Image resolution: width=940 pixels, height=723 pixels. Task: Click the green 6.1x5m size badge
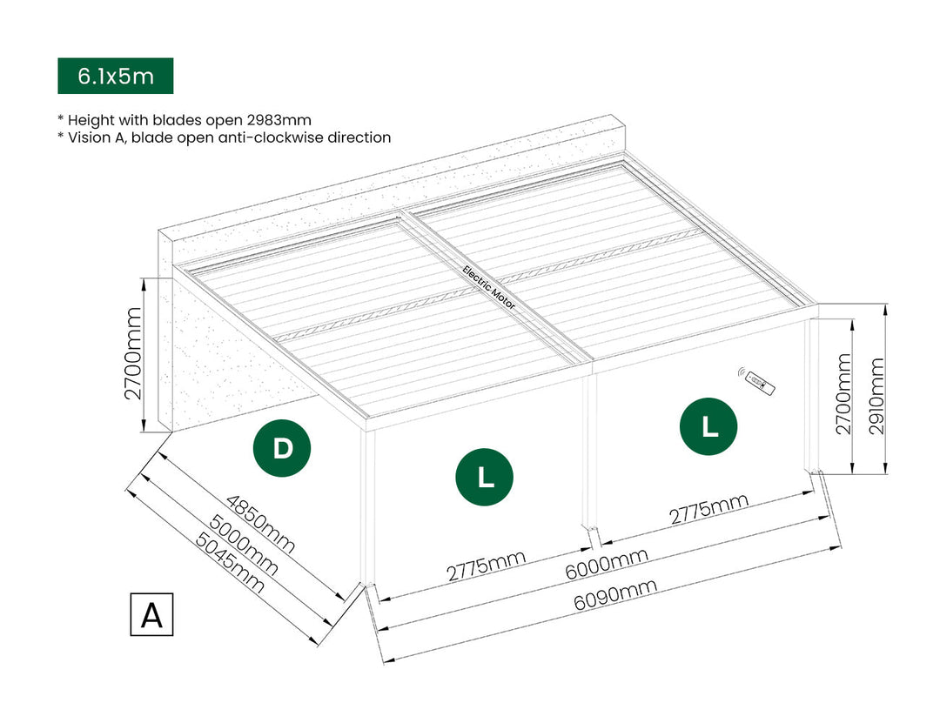115,76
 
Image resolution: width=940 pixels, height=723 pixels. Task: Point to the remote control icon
758,379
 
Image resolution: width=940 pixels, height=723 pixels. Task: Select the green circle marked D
282,449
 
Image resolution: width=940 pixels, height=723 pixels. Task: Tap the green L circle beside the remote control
709,426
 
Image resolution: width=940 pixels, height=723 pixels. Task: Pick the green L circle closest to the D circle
485,477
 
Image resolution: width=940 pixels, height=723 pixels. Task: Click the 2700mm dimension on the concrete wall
133,352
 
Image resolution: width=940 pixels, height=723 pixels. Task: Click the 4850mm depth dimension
259,525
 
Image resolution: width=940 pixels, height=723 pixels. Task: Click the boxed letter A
151,615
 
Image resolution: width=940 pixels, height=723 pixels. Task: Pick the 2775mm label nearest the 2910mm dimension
708,512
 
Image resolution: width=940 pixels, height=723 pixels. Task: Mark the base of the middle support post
590,530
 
